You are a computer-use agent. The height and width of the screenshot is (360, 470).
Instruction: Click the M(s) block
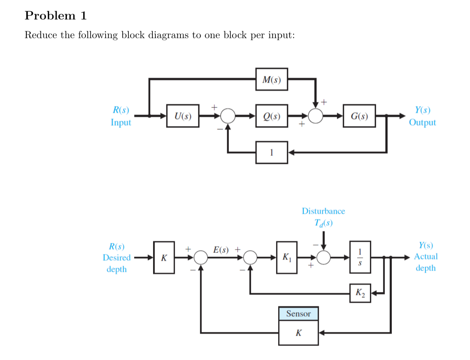tap(271, 79)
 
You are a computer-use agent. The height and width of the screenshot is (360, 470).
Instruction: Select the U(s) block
tap(183, 116)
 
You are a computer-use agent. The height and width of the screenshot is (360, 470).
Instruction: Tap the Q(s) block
tap(271, 116)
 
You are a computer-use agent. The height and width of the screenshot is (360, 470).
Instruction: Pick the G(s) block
tap(359, 116)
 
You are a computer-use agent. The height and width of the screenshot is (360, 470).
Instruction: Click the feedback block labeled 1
tap(271, 152)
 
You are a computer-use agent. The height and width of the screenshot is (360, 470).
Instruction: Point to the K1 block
tap(285, 257)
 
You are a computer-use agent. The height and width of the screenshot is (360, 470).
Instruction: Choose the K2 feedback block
tap(359, 293)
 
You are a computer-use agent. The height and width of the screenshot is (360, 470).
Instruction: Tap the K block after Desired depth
tap(164, 257)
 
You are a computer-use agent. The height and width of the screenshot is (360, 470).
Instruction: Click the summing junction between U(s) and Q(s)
tap(228, 116)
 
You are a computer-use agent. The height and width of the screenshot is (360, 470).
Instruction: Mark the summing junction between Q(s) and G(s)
tap(315, 116)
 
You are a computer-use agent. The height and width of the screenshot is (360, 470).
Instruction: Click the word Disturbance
tap(323, 211)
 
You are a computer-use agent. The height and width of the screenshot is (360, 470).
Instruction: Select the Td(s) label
tap(323, 223)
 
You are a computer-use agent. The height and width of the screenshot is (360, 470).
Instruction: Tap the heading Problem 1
tap(56, 16)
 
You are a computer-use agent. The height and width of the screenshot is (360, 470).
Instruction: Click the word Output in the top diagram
tap(422, 122)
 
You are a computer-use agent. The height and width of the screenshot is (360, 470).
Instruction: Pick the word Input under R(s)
tap(121, 122)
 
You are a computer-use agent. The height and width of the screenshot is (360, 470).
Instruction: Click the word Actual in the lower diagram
tap(426, 257)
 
